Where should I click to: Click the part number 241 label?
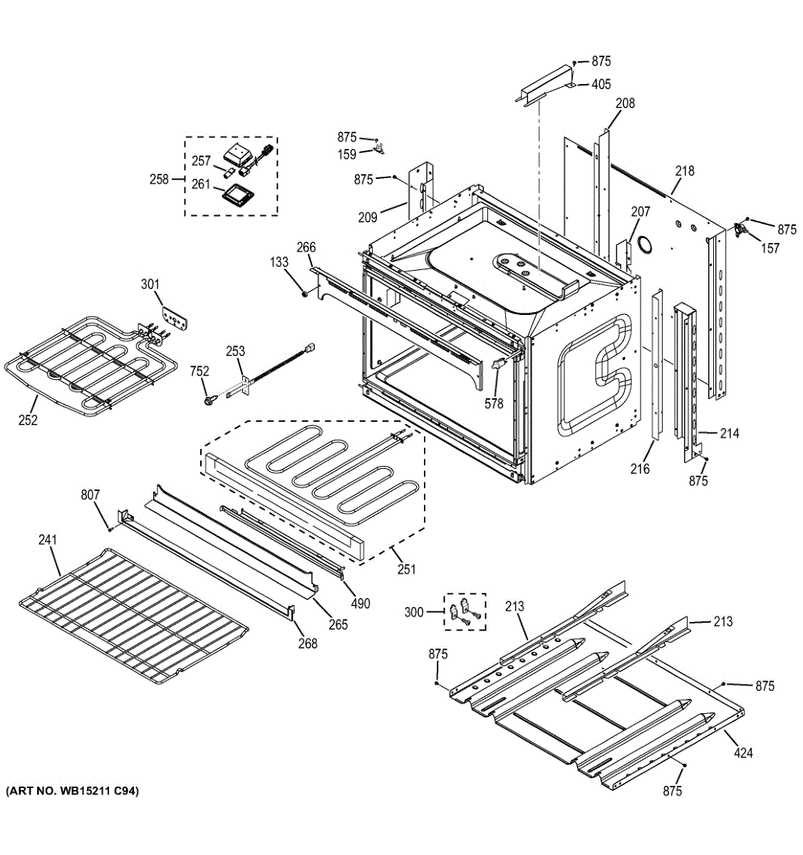pyautogui.click(x=48, y=540)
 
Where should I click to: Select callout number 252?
pyautogui.click(x=28, y=420)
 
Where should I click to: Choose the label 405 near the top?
pyautogui.click(x=601, y=84)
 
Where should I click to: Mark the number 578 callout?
pyautogui.click(x=494, y=403)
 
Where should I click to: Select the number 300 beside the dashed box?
pyautogui.click(x=414, y=612)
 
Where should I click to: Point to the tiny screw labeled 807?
pyautogui.click(x=110, y=529)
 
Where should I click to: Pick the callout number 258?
pyautogui.click(x=159, y=179)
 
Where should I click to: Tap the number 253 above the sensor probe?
pyautogui.click(x=236, y=351)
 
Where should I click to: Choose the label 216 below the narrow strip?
pyautogui.click(x=640, y=468)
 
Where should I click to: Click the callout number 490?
pyautogui.click(x=361, y=603)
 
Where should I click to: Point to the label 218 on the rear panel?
pyautogui.click(x=685, y=171)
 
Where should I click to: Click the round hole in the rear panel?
pyautogui.click(x=644, y=244)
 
